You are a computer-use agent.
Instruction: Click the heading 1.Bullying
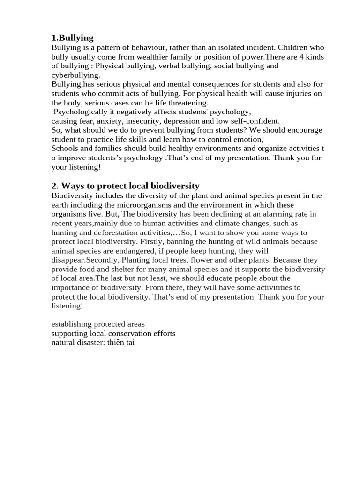[x=73, y=38]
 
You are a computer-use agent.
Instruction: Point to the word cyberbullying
[x=75, y=75]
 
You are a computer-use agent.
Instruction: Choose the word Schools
[x=65, y=148]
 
